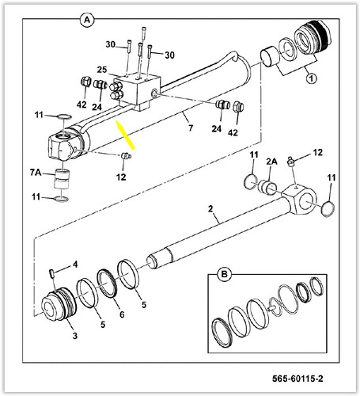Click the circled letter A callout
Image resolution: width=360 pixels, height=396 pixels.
point(87,21)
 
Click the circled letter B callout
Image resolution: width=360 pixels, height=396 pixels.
point(224,275)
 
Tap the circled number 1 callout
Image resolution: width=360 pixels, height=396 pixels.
point(311,78)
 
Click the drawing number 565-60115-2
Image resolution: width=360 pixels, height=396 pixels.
point(297,379)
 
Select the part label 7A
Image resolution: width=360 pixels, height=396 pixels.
point(36,173)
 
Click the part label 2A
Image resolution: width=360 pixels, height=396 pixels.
point(271,162)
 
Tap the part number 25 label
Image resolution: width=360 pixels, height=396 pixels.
point(102,70)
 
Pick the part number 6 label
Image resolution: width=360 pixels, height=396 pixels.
point(122,314)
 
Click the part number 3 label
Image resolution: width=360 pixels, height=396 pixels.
point(75,336)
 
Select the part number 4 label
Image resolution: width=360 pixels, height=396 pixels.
point(75,265)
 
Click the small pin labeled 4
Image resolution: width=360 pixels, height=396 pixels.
point(51,273)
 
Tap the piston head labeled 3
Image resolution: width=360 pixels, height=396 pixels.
point(59,304)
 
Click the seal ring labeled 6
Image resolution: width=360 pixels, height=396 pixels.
point(108,283)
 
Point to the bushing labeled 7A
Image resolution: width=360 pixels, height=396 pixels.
point(62,179)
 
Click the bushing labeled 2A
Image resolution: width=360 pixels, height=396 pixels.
point(267,187)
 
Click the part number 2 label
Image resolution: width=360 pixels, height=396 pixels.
point(210,209)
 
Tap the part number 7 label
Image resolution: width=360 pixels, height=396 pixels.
point(191,128)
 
